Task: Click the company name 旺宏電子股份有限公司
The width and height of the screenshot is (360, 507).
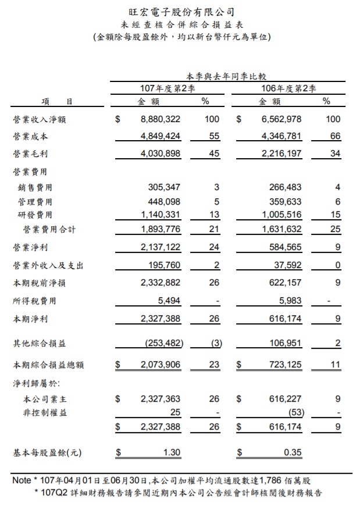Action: click(181, 11)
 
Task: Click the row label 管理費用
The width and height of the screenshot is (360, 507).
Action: click(35, 202)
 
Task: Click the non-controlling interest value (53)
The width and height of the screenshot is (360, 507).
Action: click(296, 413)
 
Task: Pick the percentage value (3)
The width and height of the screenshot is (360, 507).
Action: click(216, 343)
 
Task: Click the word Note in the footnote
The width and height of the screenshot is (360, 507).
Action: click(22, 481)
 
